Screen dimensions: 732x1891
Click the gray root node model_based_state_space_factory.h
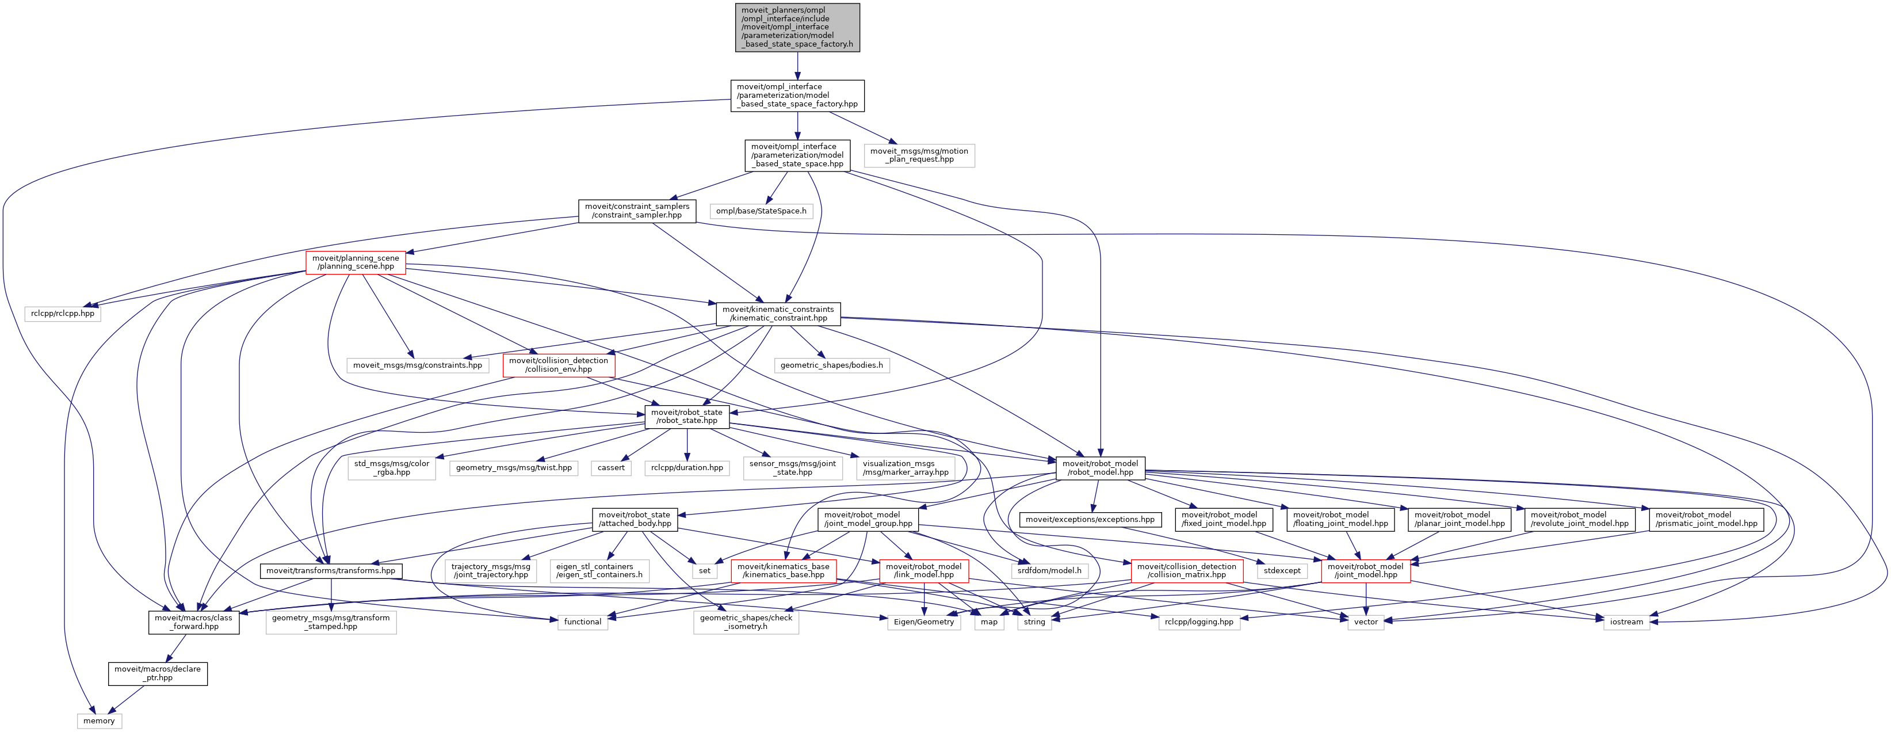tap(797, 27)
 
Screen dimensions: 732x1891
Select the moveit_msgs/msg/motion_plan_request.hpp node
tap(919, 155)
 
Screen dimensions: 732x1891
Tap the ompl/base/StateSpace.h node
tap(761, 211)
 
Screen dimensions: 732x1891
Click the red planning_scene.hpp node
tap(356, 262)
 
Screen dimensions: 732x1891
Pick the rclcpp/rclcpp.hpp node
tap(62, 314)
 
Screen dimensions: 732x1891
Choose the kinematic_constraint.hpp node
tap(778, 314)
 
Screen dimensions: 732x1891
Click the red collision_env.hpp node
tap(559, 365)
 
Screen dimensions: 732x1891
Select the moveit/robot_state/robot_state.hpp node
tap(686, 416)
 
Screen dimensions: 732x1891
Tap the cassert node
tap(611, 468)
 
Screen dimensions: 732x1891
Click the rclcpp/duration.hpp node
tap(687, 468)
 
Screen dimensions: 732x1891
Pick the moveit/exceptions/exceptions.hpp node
tap(1090, 519)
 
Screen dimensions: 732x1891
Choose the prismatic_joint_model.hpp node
tap(1706, 519)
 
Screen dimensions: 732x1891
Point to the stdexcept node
tap(1282, 570)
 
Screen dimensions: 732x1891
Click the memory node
tap(98, 721)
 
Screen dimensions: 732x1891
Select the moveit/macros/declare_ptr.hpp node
tap(158, 673)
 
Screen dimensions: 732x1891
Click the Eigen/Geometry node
tap(923, 622)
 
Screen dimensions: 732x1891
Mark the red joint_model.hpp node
tap(1365, 570)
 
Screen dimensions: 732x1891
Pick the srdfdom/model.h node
tap(1049, 570)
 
